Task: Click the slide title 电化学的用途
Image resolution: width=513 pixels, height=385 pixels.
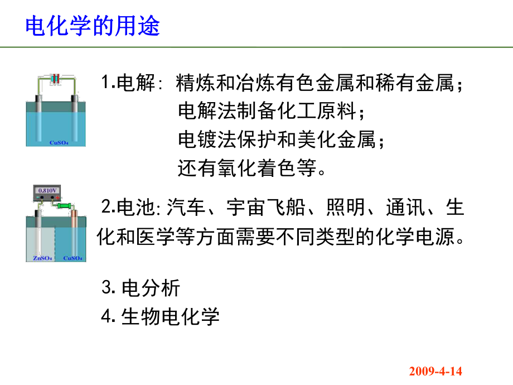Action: (93, 26)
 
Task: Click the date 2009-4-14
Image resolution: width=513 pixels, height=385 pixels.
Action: (435, 371)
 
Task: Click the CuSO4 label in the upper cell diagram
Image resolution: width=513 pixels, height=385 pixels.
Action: (58, 142)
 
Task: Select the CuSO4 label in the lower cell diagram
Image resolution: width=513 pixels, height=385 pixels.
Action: (72, 258)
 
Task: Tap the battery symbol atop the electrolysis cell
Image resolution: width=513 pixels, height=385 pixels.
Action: (55, 79)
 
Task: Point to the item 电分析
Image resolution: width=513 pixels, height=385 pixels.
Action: (151, 288)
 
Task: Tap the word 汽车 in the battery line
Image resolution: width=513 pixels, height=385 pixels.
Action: (186, 209)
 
